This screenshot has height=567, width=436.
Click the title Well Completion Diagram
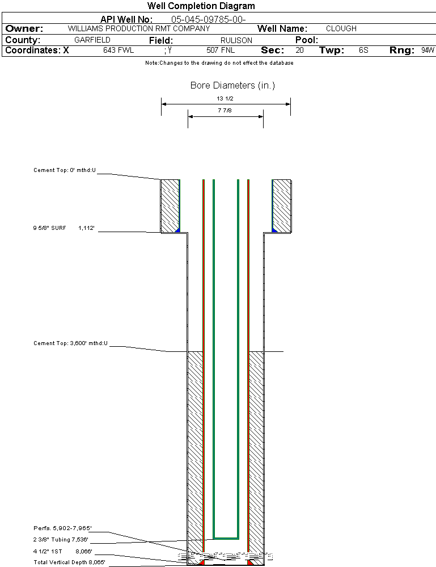[x=201, y=6]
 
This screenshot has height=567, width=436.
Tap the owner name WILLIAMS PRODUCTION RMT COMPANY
[x=138, y=28]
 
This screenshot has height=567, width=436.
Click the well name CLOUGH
[x=341, y=28]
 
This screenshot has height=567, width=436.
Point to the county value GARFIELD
[x=92, y=40]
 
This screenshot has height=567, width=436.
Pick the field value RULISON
[x=236, y=40]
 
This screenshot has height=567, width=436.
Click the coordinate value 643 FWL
[x=118, y=51]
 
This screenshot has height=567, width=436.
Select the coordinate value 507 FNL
[x=221, y=51]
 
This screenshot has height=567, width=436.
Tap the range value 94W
[x=427, y=51]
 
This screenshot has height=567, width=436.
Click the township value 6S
[x=363, y=51]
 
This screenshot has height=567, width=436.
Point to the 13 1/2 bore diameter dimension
[x=226, y=98]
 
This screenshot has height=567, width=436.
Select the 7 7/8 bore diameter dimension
[x=225, y=111]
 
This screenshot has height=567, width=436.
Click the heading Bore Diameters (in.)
[x=232, y=86]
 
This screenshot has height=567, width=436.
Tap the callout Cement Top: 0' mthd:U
[x=65, y=170]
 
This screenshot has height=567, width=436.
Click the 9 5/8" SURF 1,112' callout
[x=63, y=228]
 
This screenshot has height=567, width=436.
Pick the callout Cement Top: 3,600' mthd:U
[x=70, y=343]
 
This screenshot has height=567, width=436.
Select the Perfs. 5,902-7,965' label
[x=63, y=528]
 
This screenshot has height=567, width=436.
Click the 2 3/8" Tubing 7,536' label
[x=61, y=540]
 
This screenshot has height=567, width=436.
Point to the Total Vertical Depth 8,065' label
[x=69, y=562]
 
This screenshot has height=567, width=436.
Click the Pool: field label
[x=307, y=40]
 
